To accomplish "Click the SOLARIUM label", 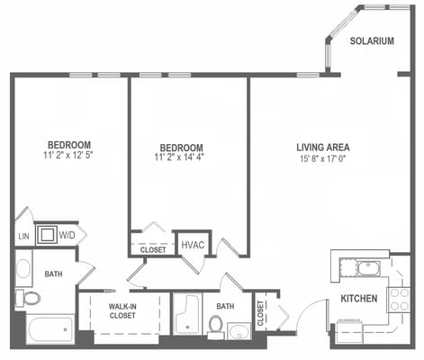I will click(372, 40).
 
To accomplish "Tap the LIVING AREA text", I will click(322, 147).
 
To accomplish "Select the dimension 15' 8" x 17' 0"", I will click(322, 158).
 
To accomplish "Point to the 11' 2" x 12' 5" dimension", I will click(69, 155).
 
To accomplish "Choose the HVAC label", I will click(192, 244).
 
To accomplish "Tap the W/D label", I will click(68, 236).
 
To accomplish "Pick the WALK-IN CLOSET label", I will click(122, 311).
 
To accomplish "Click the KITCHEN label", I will click(358, 299).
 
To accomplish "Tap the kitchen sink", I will click(369, 267).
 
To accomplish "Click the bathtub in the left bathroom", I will click(50, 328).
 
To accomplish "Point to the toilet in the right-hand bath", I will click(217, 323).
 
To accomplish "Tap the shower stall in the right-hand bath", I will click(187, 315).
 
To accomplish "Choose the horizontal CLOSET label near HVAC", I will click(153, 249).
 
